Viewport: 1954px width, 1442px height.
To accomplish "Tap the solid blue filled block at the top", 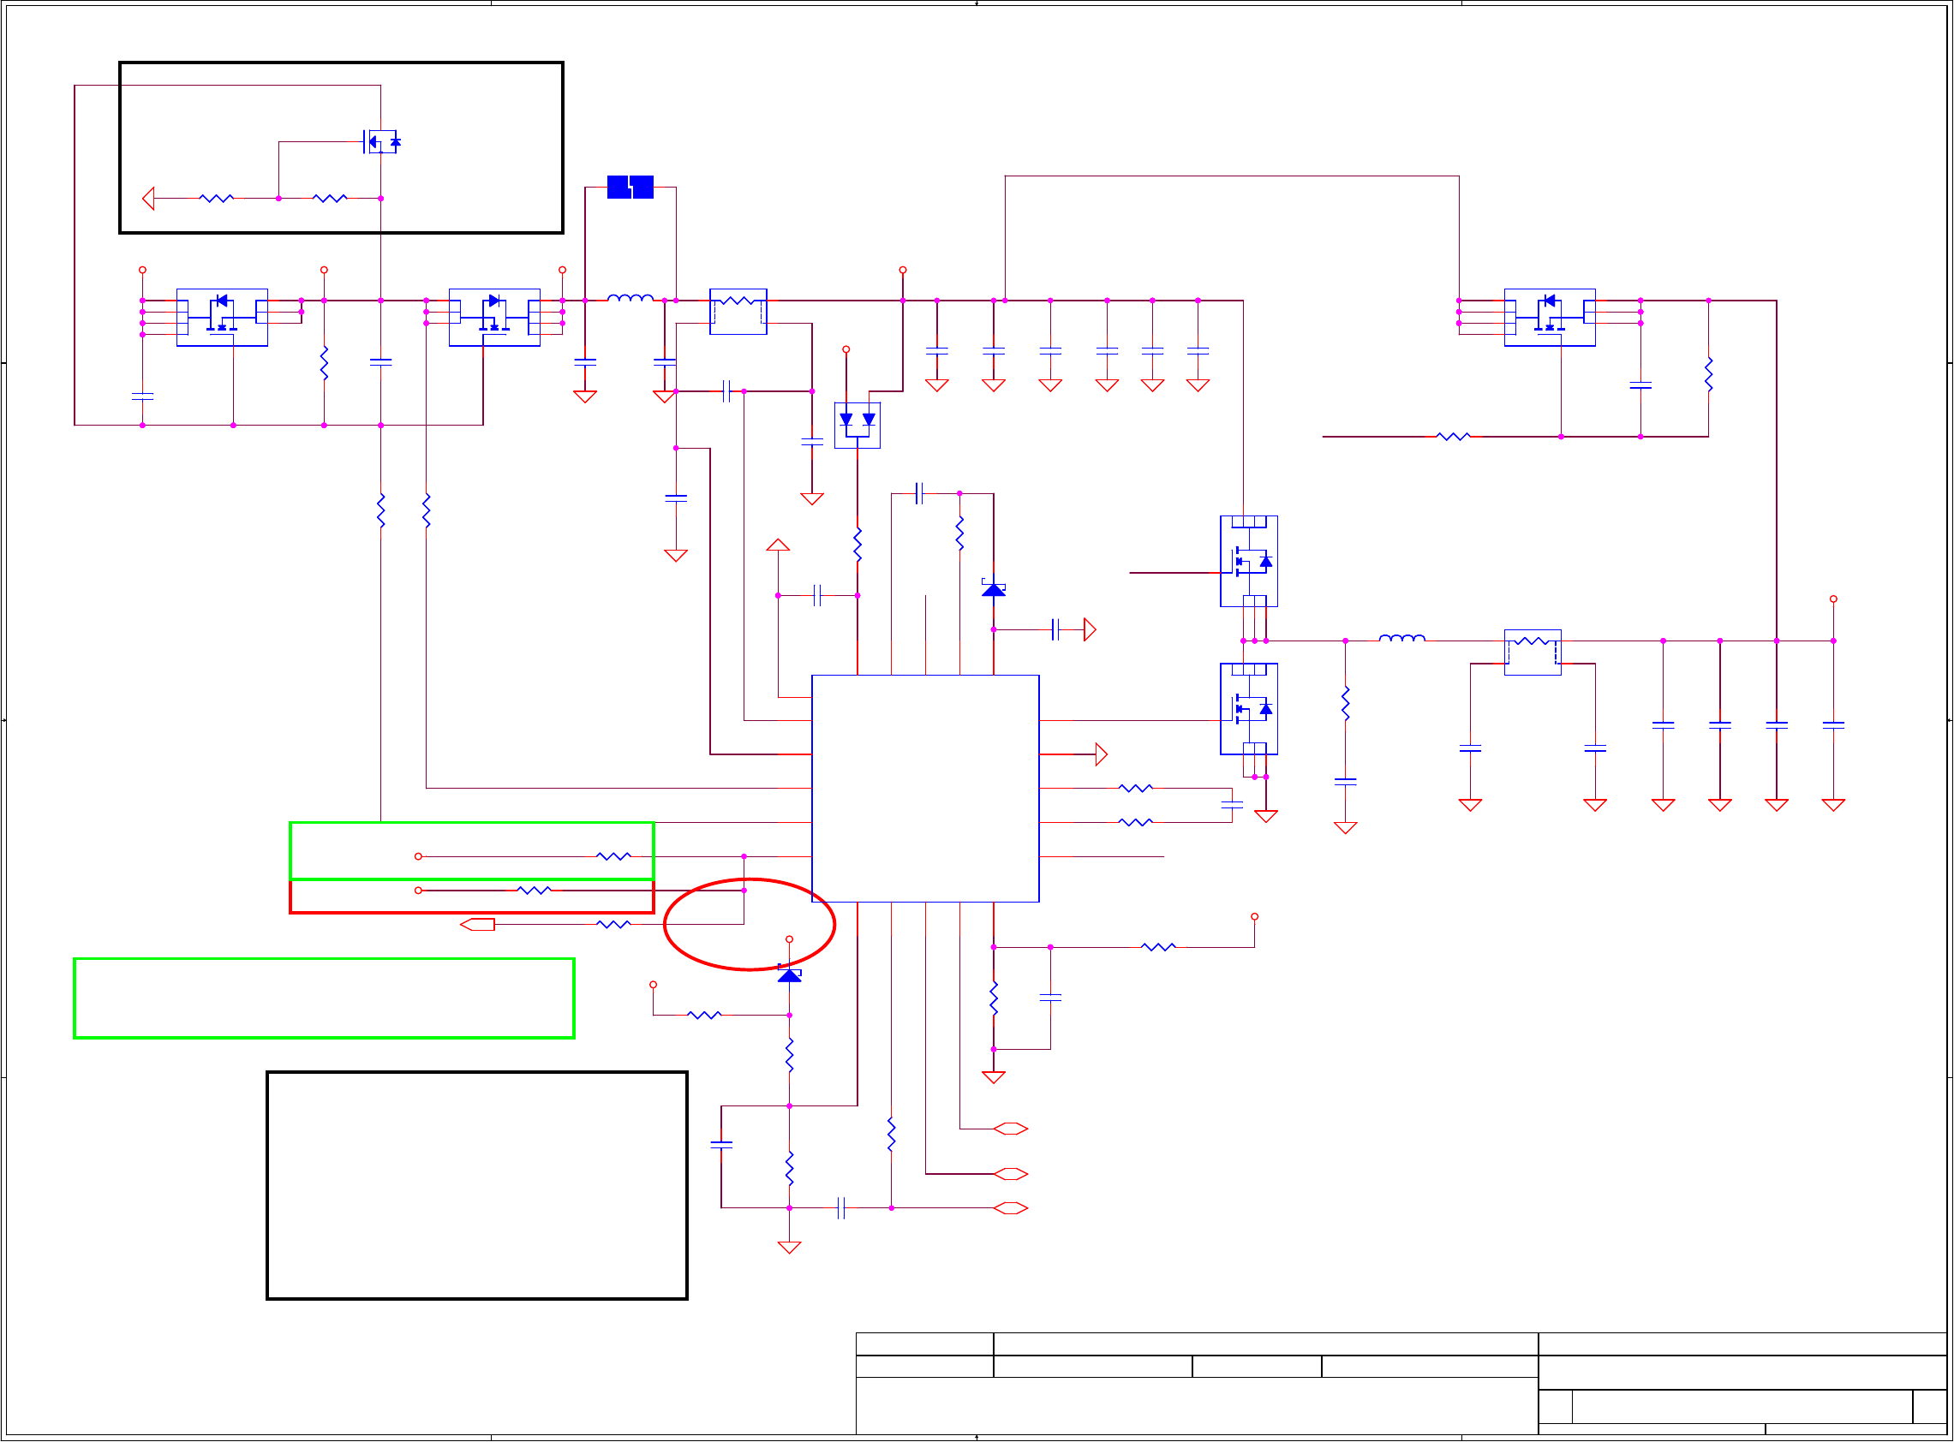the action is pyautogui.click(x=630, y=187).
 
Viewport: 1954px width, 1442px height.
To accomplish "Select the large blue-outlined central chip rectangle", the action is pyautogui.click(x=924, y=787).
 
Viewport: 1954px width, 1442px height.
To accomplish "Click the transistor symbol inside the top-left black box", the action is pyautogui.click(x=381, y=141).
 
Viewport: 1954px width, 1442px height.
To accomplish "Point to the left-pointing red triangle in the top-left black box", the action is pyautogui.click(x=148, y=198).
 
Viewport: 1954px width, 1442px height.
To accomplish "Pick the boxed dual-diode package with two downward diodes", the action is pyautogui.click(x=857, y=425).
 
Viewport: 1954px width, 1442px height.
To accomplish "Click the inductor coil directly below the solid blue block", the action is pyautogui.click(x=630, y=299).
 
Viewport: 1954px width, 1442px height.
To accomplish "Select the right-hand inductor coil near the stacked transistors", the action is pyautogui.click(x=1401, y=639).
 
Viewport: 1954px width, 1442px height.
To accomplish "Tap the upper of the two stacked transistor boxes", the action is pyautogui.click(x=1248, y=560).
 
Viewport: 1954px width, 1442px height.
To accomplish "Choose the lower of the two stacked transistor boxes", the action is pyautogui.click(x=1248, y=708).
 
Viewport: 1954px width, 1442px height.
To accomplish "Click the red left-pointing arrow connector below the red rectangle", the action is pyautogui.click(x=478, y=925).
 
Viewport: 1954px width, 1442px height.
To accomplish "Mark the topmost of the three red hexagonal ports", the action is pyautogui.click(x=1010, y=1129).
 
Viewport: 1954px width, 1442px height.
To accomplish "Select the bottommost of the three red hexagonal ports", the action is pyautogui.click(x=1010, y=1208).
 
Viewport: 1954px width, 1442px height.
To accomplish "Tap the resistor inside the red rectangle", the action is pyautogui.click(x=534, y=891).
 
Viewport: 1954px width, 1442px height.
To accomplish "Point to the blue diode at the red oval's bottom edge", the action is pyautogui.click(x=789, y=974).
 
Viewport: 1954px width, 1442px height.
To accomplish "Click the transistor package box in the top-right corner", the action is pyautogui.click(x=1549, y=317).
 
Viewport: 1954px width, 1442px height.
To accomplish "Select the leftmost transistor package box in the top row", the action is pyautogui.click(x=222, y=317).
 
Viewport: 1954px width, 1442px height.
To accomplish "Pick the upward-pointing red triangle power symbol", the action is pyautogui.click(x=778, y=545).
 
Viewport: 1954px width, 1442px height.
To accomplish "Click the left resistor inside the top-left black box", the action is pyautogui.click(x=217, y=198).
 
